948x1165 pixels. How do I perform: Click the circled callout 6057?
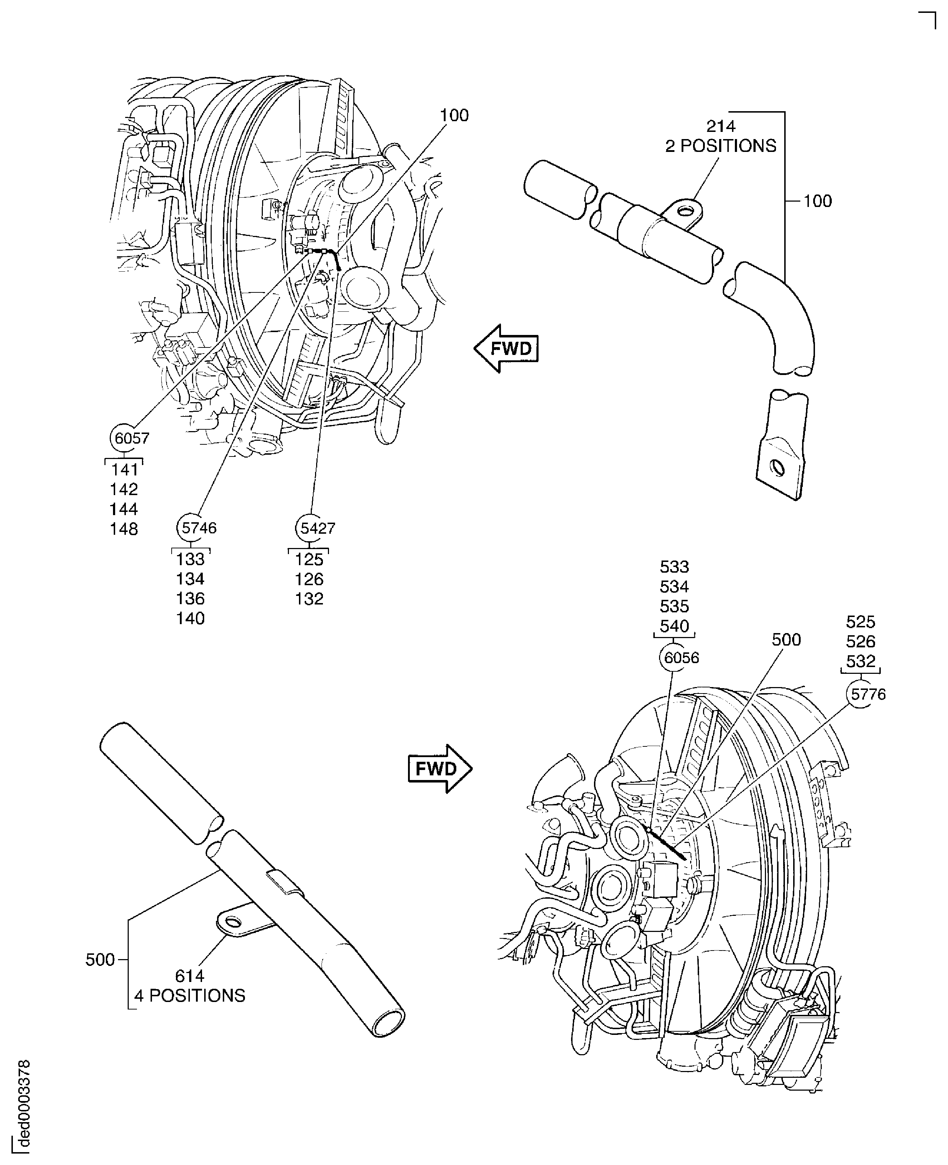tap(129, 438)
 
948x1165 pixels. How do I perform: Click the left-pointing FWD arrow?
tap(507, 348)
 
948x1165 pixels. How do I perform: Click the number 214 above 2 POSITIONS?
tap(721, 126)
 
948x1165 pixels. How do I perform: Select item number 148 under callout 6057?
tap(124, 529)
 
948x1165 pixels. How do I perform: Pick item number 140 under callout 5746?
tap(190, 618)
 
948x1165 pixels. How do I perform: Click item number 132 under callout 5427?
tap(309, 599)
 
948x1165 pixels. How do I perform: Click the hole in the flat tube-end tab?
tap(778, 468)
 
